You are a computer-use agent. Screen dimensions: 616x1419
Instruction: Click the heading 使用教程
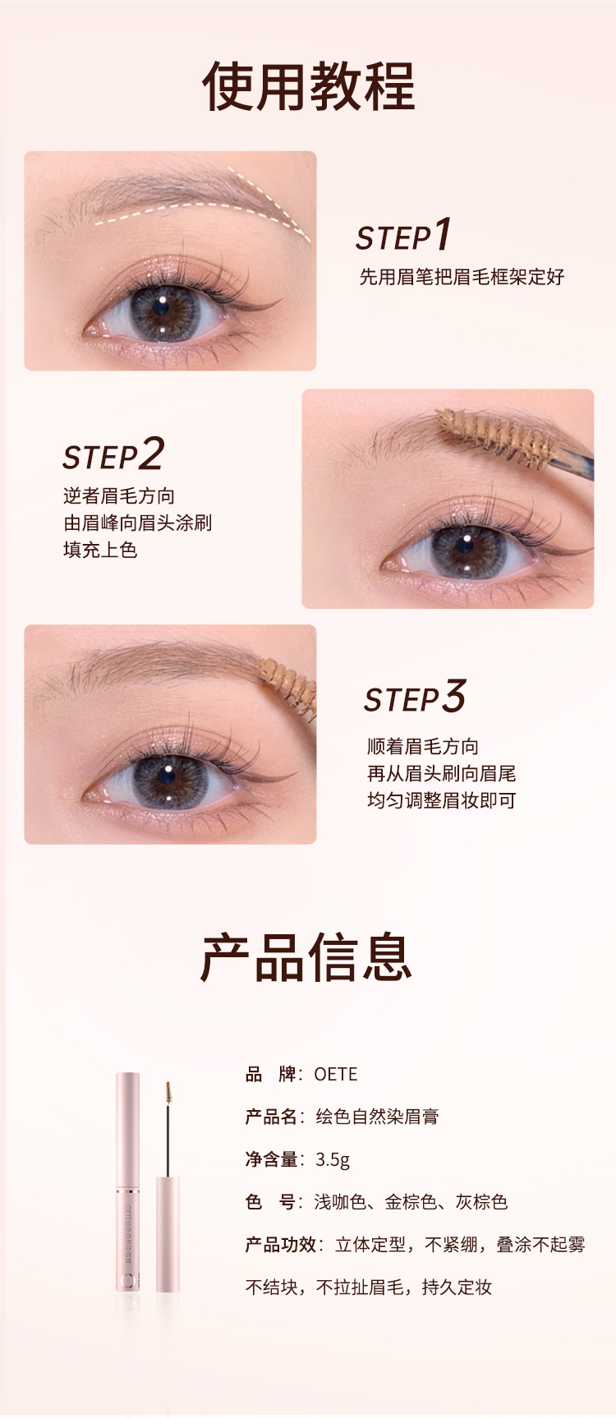(308, 86)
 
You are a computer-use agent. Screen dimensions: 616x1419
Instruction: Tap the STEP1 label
(403, 235)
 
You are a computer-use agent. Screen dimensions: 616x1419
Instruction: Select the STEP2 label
(113, 454)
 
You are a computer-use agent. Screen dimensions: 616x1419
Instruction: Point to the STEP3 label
(415, 697)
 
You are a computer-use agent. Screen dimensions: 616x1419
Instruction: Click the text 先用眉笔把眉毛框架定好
(462, 277)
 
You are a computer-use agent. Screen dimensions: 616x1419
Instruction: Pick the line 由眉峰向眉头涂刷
(137, 523)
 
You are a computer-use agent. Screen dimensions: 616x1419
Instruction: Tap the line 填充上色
(100, 550)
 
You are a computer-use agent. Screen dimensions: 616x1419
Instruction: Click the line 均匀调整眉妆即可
(441, 800)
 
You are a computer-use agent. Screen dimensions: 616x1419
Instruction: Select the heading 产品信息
(307, 957)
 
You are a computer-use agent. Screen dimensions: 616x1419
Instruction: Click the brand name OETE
(336, 1074)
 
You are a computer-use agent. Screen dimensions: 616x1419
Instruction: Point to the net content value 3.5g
(333, 1159)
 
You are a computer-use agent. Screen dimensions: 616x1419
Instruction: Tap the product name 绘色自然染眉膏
(377, 1117)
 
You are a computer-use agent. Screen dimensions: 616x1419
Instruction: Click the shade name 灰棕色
(482, 1202)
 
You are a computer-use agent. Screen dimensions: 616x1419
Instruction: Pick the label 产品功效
(281, 1245)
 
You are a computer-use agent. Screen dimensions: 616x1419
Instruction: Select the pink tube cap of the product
(127, 1130)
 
